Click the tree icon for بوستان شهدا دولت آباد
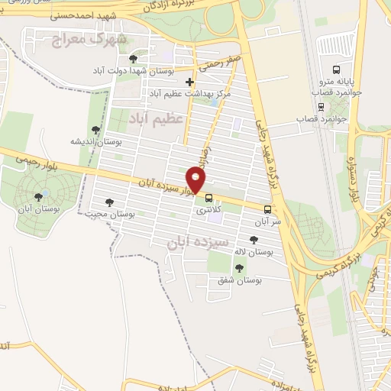(x=134, y=58)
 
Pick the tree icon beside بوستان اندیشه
(x=95, y=130)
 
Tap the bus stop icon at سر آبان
(x=267, y=208)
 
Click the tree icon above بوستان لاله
(x=254, y=241)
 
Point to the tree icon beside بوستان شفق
(x=240, y=267)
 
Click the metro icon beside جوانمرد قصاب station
(x=321, y=106)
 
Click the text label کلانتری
(x=208, y=208)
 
